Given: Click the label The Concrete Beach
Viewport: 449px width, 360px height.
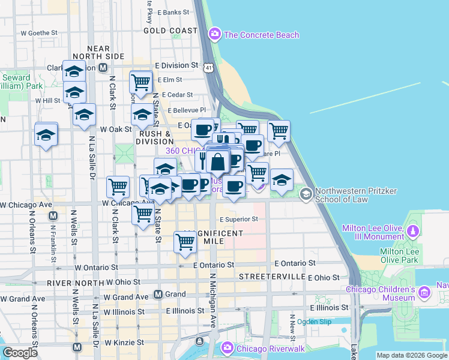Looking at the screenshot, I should click(x=261, y=35).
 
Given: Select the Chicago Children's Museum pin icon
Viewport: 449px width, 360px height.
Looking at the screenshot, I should click(x=424, y=292).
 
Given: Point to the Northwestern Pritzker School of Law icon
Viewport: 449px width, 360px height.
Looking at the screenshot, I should click(x=306, y=193).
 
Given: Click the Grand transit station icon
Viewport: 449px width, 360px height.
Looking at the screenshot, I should click(x=158, y=295).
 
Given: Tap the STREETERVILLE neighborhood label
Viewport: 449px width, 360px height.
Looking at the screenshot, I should click(x=272, y=277).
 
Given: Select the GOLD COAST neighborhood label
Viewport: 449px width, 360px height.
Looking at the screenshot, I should click(x=170, y=31).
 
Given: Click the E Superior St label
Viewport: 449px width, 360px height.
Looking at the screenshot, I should click(x=238, y=220).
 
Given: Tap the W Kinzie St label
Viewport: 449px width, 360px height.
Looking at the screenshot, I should click(x=124, y=343).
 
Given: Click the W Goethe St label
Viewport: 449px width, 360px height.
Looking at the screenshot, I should click(x=38, y=34).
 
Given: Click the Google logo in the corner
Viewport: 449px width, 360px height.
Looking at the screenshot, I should click(x=20, y=353).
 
